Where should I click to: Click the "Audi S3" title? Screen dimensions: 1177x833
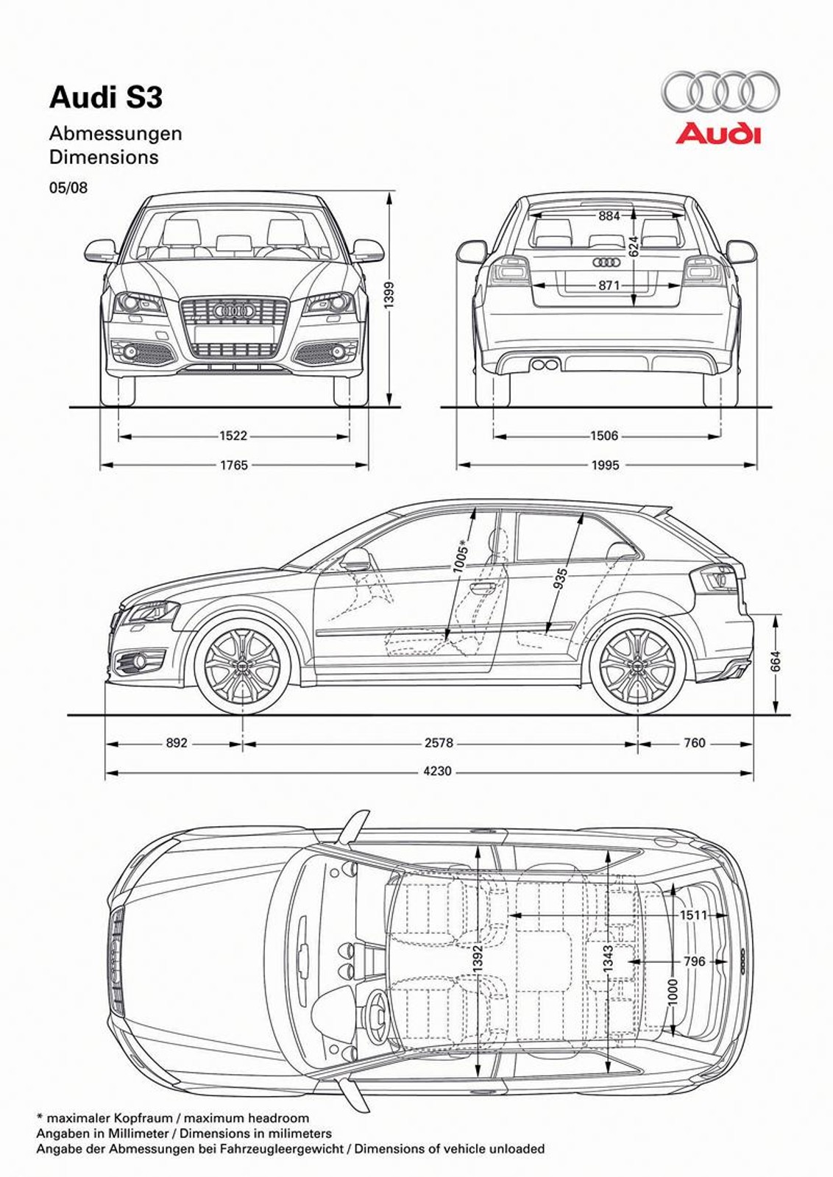click(x=106, y=98)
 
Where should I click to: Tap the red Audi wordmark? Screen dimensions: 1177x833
click(x=718, y=134)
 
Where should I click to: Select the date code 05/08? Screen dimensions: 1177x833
click(x=68, y=188)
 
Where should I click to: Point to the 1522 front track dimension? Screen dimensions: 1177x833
click(x=233, y=436)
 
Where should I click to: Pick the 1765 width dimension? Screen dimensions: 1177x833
click(x=233, y=465)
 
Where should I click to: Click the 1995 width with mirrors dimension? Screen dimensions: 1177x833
click(x=605, y=465)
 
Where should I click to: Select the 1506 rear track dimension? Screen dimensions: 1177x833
click(x=604, y=436)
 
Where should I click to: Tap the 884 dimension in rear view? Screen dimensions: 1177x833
click(x=609, y=216)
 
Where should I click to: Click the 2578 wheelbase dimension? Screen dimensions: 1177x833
click(x=439, y=743)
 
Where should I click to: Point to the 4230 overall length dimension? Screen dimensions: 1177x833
click(x=438, y=772)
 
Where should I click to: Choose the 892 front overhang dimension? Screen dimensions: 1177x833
click(x=177, y=743)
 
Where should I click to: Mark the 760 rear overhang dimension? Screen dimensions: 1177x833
click(x=695, y=743)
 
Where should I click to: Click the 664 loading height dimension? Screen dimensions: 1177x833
click(x=776, y=661)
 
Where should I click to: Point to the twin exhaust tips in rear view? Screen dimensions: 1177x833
click(x=545, y=364)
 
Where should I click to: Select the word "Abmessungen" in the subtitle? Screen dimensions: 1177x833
click(x=116, y=134)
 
